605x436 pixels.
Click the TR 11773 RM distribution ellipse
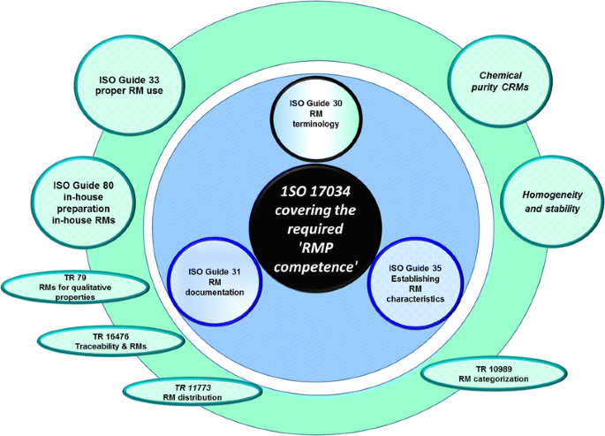(192, 392)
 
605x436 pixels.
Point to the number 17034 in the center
(331, 192)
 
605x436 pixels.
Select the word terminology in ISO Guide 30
(315, 125)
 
